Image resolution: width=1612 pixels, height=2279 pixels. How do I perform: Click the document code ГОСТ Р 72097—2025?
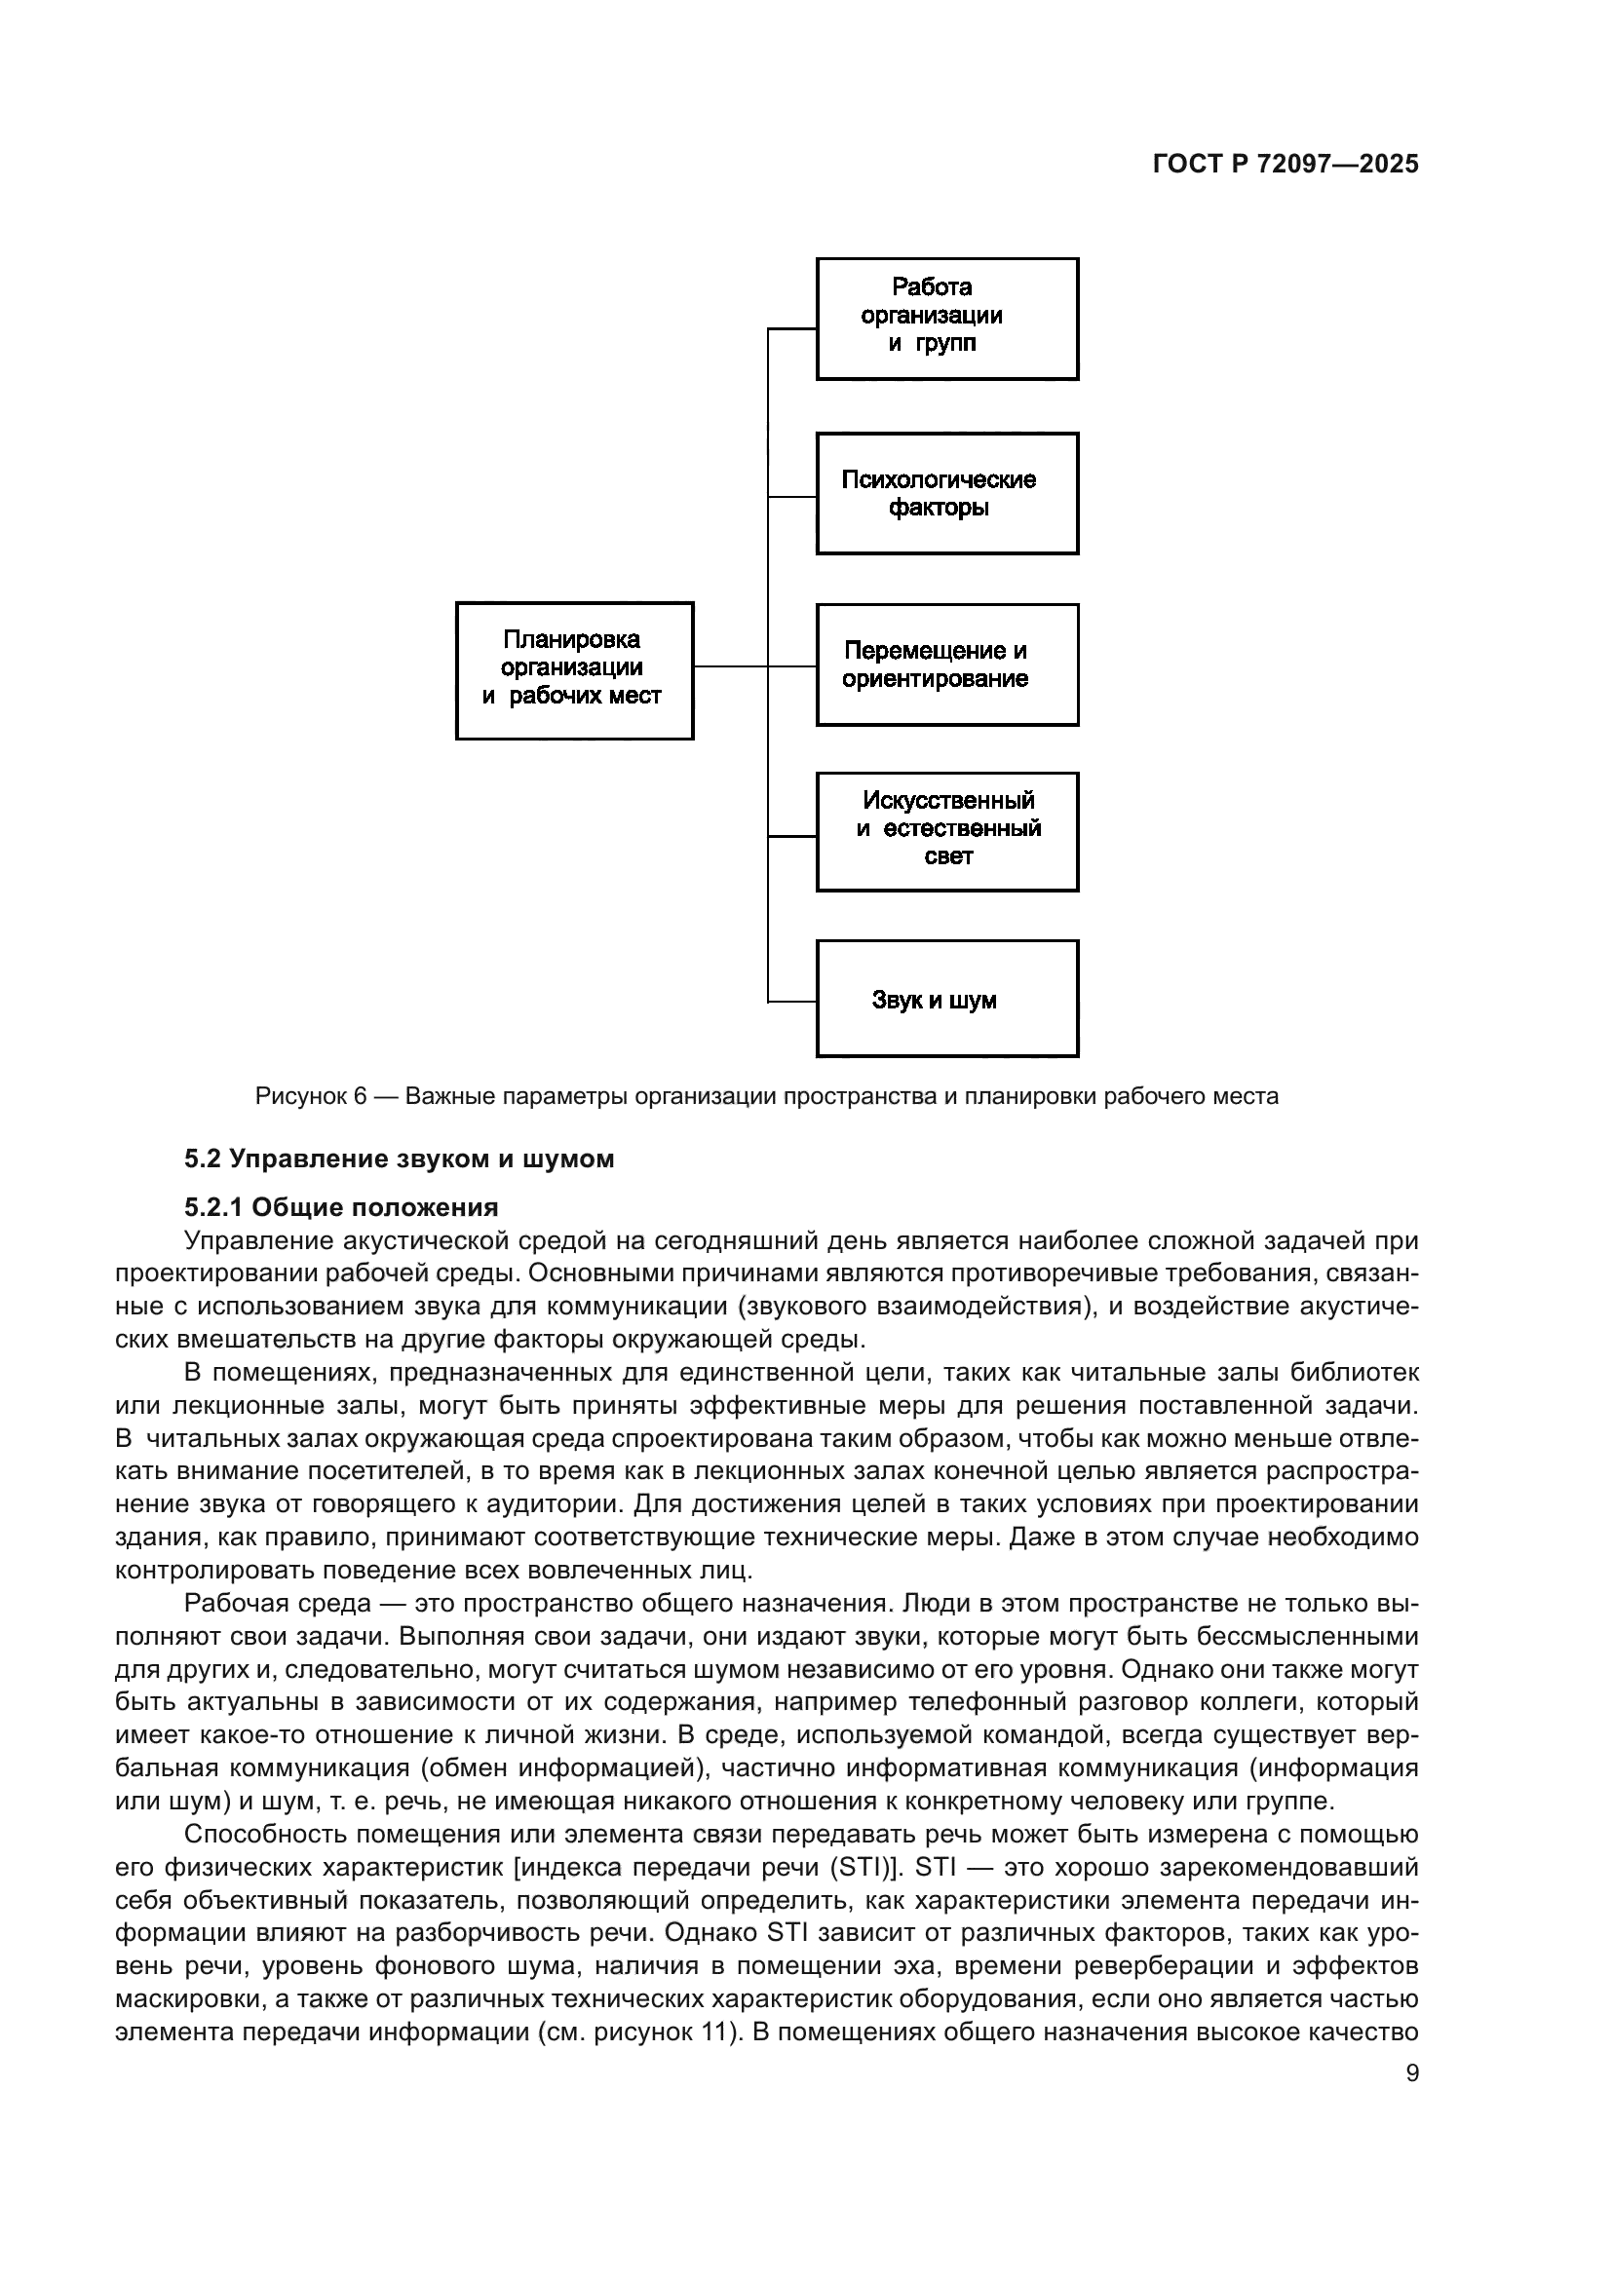click(x=1286, y=165)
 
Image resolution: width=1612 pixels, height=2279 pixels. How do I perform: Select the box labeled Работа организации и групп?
click(x=947, y=319)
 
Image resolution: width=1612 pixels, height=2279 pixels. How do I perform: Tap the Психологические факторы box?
click(x=947, y=493)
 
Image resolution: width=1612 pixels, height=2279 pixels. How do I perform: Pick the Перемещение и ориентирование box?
click(x=947, y=665)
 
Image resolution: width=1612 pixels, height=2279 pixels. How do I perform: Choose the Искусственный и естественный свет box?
click(x=947, y=832)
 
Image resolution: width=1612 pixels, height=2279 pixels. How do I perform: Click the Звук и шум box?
click(x=947, y=999)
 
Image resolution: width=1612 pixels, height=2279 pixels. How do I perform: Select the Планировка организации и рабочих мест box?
click(x=574, y=670)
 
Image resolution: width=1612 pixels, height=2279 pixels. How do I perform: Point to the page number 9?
click(x=1412, y=2073)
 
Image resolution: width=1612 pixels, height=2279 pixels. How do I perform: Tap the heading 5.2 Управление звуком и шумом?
click(x=399, y=1158)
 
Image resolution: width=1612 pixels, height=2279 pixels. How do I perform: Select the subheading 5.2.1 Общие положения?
click(x=340, y=1207)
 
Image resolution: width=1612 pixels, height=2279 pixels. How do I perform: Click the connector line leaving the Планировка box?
click(x=731, y=666)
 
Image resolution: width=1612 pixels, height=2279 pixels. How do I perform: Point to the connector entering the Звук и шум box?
click(x=793, y=1002)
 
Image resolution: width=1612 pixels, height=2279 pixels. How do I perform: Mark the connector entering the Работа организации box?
click(x=793, y=327)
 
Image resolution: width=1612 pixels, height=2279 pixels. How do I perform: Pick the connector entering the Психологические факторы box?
click(x=793, y=495)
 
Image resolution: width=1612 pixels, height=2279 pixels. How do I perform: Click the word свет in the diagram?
click(x=948, y=856)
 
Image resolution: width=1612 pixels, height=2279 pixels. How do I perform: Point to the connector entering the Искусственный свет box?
click(x=793, y=836)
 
